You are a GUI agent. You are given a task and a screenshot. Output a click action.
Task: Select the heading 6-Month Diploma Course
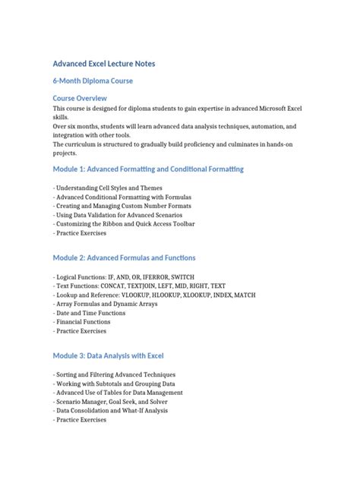coord(93,81)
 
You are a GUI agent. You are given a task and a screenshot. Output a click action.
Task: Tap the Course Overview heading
coord(80,98)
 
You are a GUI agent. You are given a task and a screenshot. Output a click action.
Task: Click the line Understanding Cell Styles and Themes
coord(103,188)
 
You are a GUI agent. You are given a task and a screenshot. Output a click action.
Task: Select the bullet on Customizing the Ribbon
coord(125,224)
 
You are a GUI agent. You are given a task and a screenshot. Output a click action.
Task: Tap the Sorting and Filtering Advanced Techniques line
coord(115,374)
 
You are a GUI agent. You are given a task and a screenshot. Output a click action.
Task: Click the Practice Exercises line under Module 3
coord(81,420)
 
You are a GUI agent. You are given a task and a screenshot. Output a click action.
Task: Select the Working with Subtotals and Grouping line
coord(115,384)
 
